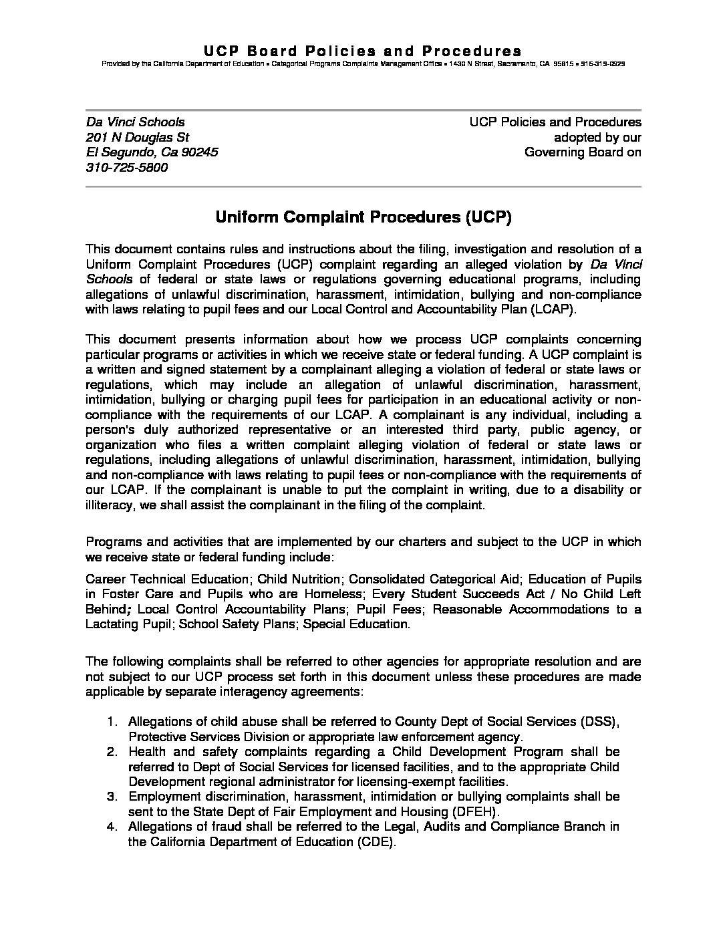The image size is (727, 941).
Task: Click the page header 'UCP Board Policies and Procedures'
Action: click(363, 51)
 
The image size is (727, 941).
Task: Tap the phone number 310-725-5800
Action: click(127, 168)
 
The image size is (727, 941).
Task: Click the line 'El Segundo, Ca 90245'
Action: click(152, 152)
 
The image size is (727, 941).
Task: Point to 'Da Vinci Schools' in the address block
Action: click(135, 122)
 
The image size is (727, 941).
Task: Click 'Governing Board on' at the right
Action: click(583, 152)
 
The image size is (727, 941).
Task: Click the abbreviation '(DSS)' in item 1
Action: click(600, 722)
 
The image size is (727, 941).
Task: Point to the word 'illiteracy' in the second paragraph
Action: click(111, 505)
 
